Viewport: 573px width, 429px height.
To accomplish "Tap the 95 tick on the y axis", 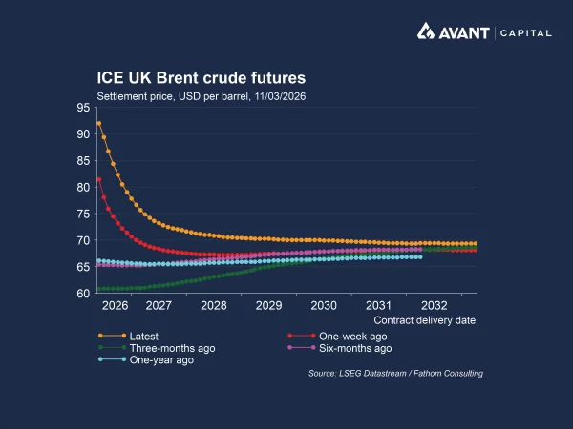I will (x=84, y=108).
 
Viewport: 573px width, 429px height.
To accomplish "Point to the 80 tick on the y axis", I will (x=84, y=187).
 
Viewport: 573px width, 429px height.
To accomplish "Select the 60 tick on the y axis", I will (x=84, y=293).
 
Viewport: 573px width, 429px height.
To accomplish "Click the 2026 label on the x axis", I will (x=115, y=306).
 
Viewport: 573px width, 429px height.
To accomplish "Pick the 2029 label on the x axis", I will (x=268, y=306).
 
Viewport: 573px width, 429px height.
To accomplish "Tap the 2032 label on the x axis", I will (x=434, y=306).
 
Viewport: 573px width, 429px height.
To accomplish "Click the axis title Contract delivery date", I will (x=424, y=321).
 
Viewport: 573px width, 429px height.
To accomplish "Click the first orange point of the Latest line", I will (x=98, y=123).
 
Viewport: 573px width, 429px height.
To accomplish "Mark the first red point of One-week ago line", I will (x=98, y=179).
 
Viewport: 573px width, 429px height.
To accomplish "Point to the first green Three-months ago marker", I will (x=98, y=289).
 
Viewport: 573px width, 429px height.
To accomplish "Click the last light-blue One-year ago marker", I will (x=420, y=256).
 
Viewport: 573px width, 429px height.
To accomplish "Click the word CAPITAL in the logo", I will (x=525, y=32).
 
